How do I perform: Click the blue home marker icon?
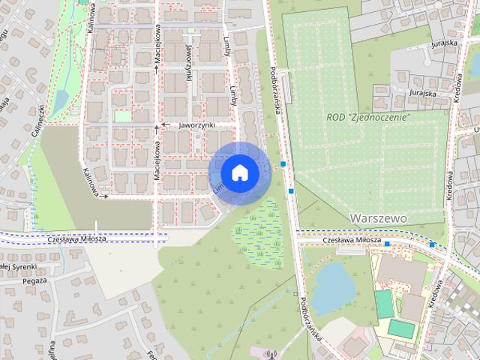[239, 172]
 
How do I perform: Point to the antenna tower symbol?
[271, 352]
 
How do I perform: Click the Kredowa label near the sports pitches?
[433, 294]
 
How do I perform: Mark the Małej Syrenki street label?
[13, 265]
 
